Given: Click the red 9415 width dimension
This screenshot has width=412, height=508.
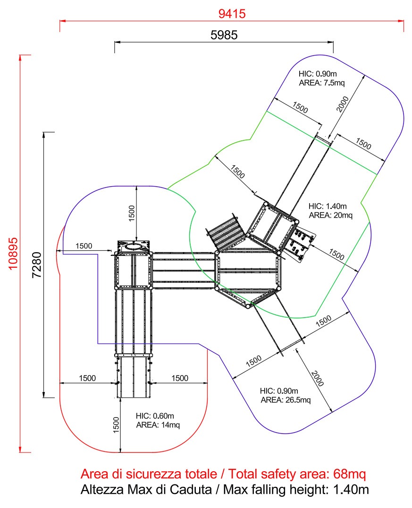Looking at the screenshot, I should click(232, 14).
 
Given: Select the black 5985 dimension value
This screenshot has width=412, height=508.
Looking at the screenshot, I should click(224, 35).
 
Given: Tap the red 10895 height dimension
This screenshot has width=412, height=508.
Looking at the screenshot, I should click(13, 253).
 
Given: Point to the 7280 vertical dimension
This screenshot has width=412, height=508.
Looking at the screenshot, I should click(36, 264).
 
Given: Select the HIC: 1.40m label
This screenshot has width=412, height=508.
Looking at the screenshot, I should click(328, 206).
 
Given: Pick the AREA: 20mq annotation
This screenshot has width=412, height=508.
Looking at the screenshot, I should click(330, 215).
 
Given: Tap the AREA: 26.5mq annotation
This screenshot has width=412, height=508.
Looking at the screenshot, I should click(286, 400).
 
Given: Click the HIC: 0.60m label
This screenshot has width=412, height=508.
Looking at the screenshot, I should click(155, 416).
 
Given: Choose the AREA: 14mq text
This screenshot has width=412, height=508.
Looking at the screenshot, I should click(158, 425).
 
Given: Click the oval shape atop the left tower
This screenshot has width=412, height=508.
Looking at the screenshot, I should click(134, 246).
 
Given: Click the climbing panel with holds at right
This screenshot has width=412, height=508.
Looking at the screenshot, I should click(298, 243).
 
